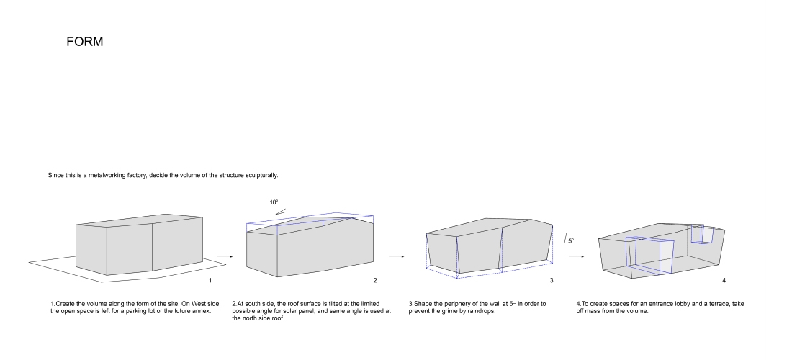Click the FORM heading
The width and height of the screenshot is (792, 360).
(x=84, y=42)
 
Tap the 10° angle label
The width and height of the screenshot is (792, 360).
(x=274, y=202)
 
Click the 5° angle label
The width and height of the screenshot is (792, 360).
(x=571, y=241)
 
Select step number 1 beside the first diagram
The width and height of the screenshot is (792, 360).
(x=210, y=281)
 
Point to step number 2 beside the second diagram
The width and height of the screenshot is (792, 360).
(x=375, y=281)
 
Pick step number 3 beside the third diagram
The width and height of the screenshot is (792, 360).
(x=552, y=281)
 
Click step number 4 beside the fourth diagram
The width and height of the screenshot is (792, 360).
(x=724, y=281)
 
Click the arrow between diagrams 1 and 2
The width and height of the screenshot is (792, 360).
(x=225, y=256)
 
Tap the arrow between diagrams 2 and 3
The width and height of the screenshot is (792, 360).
(x=397, y=256)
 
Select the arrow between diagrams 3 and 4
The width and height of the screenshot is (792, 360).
(x=576, y=256)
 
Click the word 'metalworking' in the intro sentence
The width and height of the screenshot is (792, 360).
(x=106, y=175)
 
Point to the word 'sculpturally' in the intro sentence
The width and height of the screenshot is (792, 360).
(x=261, y=176)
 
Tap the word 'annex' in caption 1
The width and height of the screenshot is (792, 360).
(x=201, y=311)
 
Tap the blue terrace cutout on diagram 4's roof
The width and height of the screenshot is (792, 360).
(x=702, y=234)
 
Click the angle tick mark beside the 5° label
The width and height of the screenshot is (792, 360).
(x=564, y=238)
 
